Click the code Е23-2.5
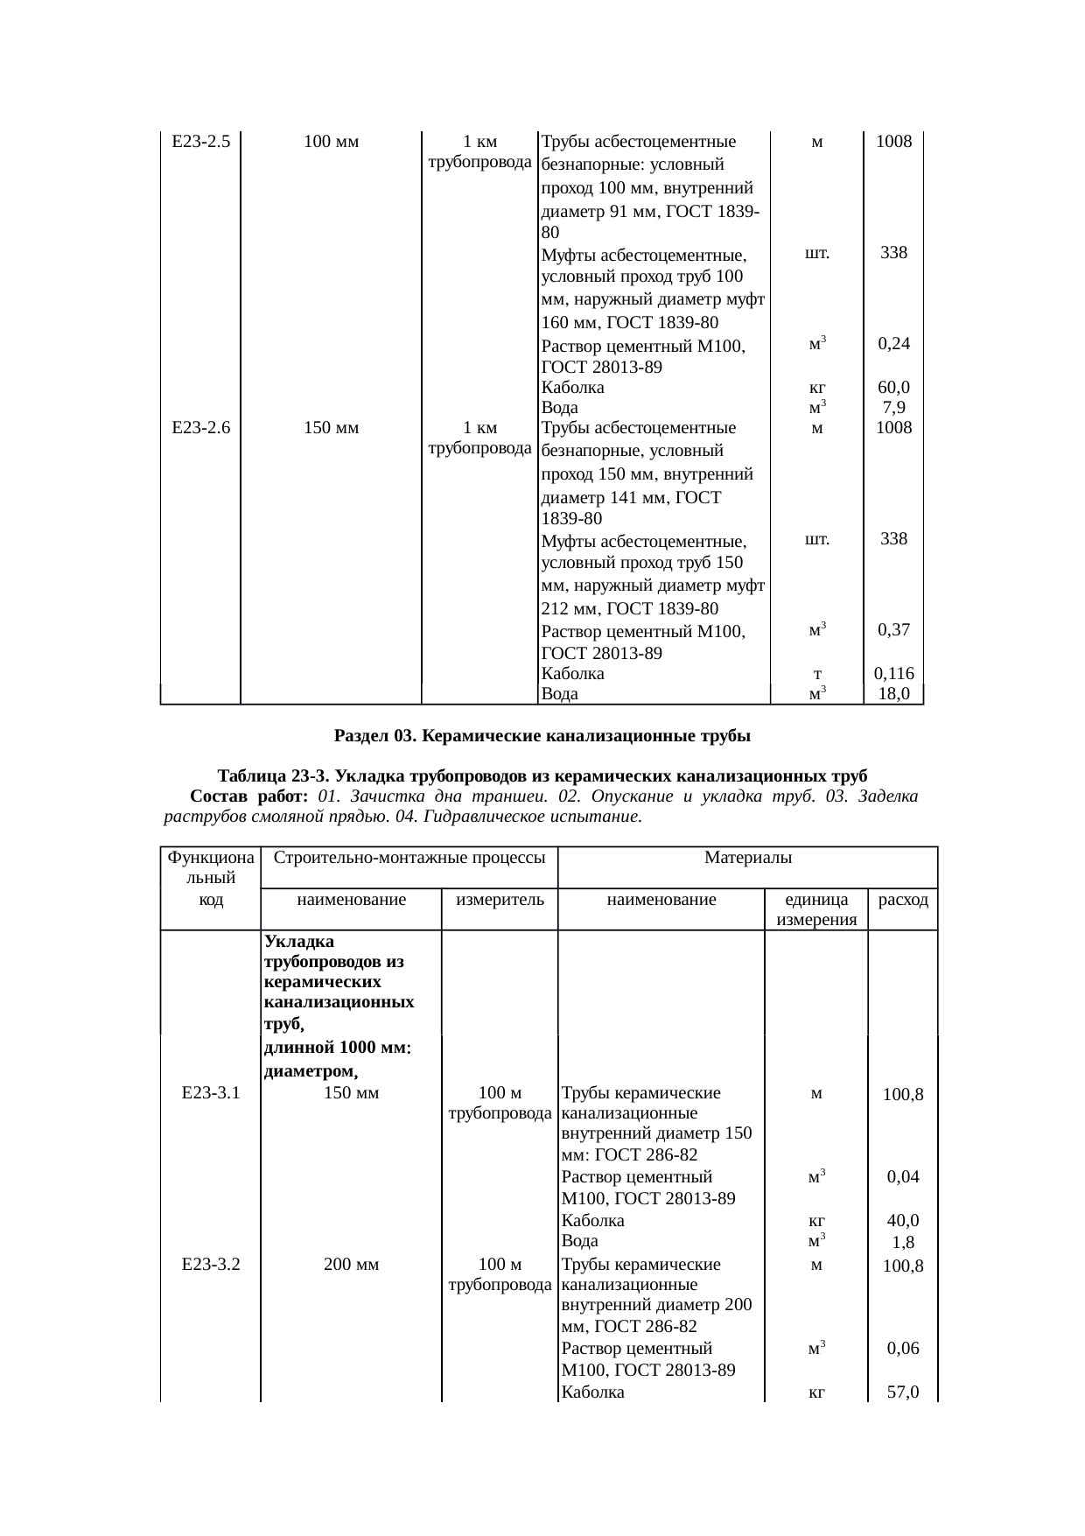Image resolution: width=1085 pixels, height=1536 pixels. [x=201, y=141]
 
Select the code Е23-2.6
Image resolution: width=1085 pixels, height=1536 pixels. [x=201, y=428]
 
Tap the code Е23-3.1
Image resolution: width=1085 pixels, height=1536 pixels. [x=211, y=1092]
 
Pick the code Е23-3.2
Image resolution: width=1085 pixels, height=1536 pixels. [x=211, y=1264]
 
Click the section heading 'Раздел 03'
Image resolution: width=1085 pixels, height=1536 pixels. [x=542, y=736]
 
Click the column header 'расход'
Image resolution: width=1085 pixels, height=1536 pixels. [x=902, y=900]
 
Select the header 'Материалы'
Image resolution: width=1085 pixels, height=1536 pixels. [x=748, y=858]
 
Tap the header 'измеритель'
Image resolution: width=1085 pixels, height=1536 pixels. [x=500, y=900]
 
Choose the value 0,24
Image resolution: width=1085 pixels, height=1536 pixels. [x=893, y=344]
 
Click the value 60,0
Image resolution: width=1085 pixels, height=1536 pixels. [x=893, y=387]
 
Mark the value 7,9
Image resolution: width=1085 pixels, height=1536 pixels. [x=893, y=408]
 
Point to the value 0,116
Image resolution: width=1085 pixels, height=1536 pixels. [x=893, y=674]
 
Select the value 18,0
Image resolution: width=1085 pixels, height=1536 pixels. [x=893, y=694]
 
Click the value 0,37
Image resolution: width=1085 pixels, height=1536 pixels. [x=893, y=629]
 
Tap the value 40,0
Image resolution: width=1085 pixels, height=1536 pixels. [x=902, y=1220]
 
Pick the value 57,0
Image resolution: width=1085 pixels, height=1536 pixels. [x=902, y=1392]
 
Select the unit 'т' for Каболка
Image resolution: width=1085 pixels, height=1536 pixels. [x=815, y=675]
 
